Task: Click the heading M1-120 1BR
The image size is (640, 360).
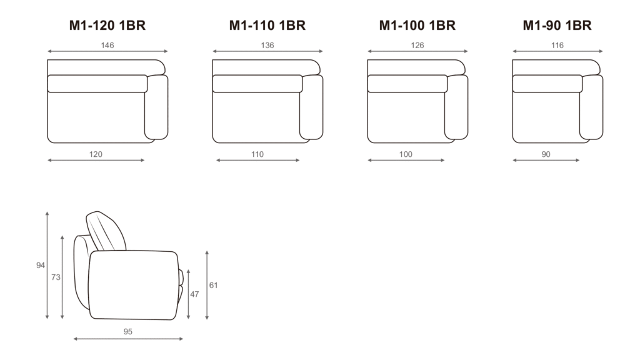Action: pyautogui.click(x=107, y=25)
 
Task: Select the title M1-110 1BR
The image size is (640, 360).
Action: pyautogui.click(x=267, y=25)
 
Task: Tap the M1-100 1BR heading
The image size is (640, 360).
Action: pyautogui.click(x=417, y=25)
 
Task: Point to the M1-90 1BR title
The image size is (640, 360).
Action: pyautogui.click(x=557, y=25)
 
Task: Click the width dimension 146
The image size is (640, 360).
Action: pyautogui.click(x=107, y=45)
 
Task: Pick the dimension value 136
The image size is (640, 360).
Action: pyautogui.click(x=267, y=45)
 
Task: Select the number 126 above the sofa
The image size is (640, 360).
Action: pyautogui.click(x=417, y=45)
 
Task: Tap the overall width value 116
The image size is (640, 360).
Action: pyautogui.click(x=557, y=45)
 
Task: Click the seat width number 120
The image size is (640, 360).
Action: pyautogui.click(x=96, y=154)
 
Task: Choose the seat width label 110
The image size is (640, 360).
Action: pyautogui.click(x=257, y=154)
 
